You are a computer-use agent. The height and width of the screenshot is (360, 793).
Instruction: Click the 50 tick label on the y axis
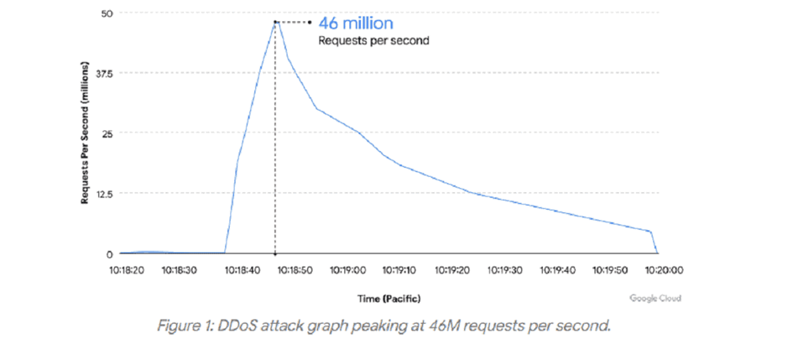pos(108,14)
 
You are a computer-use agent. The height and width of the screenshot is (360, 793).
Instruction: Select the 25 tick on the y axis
pos(107,133)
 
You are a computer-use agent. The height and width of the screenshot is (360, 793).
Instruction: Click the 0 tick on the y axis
pos(110,253)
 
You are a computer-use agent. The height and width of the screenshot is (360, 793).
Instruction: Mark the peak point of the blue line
pos(275,22)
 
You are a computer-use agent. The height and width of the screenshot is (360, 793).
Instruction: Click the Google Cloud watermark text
pos(655,298)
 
